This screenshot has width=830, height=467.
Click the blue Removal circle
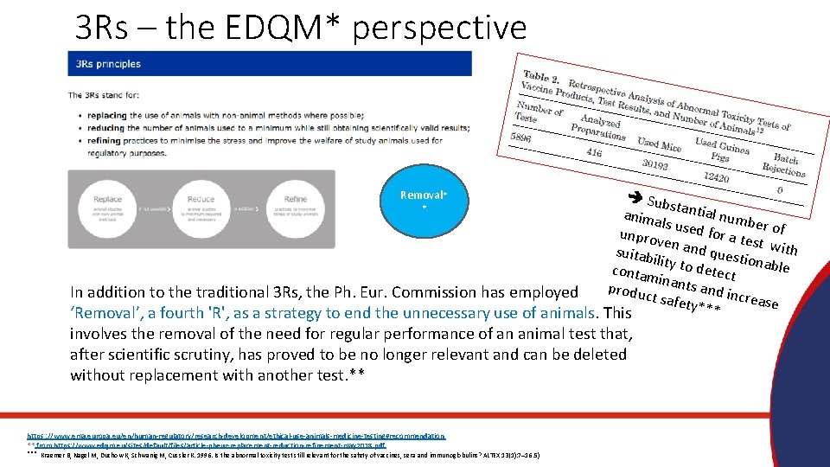[x=424, y=202]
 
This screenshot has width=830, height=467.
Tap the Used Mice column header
[x=659, y=144]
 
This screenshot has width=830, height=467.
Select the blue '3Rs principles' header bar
[x=270, y=63]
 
